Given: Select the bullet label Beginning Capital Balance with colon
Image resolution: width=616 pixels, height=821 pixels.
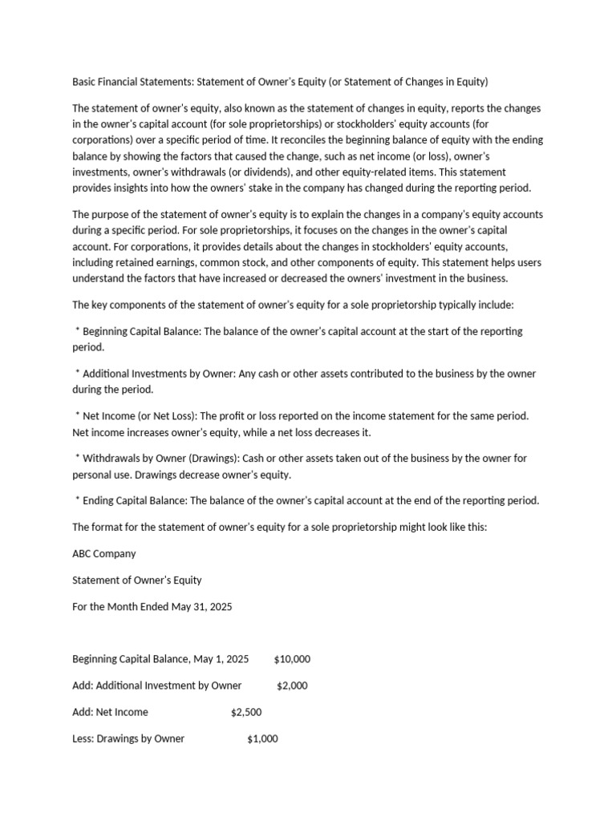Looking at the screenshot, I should [x=142, y=331].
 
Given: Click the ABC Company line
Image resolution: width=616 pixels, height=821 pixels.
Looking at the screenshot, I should [x=104, y=553].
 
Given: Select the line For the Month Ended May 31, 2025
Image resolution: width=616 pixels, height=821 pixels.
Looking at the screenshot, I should [x=152, y=607].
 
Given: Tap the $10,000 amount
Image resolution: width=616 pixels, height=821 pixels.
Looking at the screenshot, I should [x=292, y=659].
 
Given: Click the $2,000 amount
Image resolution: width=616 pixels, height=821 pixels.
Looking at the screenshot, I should [x=292, y=686].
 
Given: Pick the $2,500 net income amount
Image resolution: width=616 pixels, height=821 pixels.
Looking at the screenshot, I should [x=246, y=712].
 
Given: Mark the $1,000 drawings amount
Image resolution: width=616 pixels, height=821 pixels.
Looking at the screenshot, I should [x=262, y=738].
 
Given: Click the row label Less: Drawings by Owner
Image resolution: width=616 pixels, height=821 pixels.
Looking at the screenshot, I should [x=128, y=738].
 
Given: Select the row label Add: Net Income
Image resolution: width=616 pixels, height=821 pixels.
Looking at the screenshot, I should [x=110, y=712].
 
